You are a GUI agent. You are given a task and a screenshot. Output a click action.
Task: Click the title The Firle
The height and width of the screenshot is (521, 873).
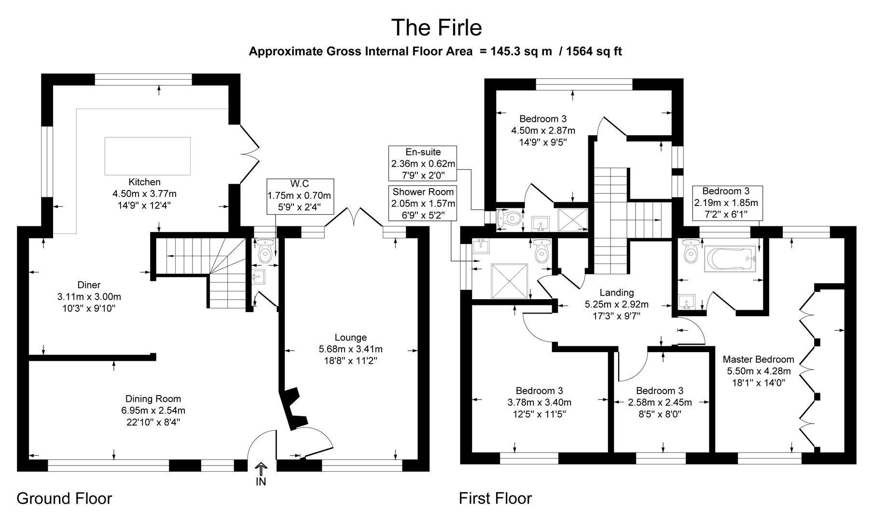[436, 27]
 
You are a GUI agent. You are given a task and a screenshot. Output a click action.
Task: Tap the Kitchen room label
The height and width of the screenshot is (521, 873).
[144, 182]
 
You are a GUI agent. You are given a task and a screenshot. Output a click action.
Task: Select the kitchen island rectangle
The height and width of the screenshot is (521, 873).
[147, 156]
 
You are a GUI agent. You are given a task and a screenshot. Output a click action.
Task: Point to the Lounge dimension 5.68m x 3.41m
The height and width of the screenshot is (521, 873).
[350, 349]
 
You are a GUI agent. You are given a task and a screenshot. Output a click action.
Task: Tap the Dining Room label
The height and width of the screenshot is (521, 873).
[153, 399]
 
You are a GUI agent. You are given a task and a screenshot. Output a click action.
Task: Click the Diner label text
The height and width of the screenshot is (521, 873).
[89, 285]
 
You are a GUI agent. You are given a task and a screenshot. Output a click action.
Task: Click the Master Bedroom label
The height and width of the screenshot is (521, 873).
[758, 359]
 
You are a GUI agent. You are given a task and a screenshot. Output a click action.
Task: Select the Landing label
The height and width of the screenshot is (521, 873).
[616, 292]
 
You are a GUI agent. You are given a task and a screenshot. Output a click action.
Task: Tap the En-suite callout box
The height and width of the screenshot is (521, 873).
[423, 164]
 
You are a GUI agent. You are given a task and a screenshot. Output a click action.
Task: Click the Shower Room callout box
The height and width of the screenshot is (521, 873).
[423, 203]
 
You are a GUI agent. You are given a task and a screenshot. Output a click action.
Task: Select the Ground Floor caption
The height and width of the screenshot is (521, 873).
[64, 498]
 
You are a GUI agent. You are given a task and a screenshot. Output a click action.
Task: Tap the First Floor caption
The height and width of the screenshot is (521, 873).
[495, 498]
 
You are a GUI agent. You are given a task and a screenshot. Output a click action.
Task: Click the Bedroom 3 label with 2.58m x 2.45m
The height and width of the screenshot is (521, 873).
[659, 391]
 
